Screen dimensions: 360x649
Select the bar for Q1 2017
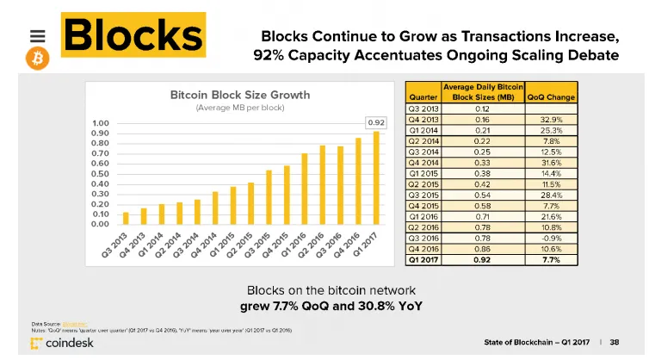(376, 177)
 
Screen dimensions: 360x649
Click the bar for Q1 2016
(305, 189)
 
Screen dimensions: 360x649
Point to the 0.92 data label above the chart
(376, 122)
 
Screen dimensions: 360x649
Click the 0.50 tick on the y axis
(100, 173)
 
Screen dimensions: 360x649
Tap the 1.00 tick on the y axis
(100, 123)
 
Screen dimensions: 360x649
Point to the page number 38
(615, 341)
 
